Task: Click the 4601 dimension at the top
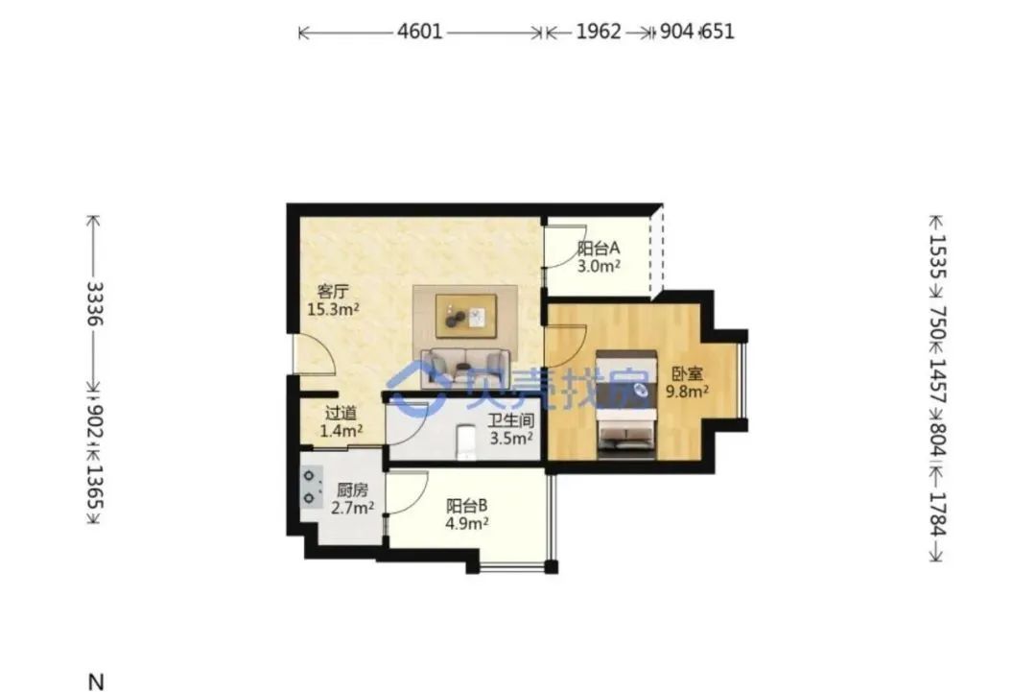coord(419,31)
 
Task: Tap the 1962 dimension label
coord(599,31)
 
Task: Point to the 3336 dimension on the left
coord(96,303)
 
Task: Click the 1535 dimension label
coord(938,257)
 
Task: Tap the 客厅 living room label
coord(333,292)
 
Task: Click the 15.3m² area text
coord(333,309)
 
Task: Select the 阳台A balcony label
coord(599,249)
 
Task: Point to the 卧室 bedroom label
coord(687,374)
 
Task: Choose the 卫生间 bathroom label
coord(510,420)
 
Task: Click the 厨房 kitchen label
coord(352,490)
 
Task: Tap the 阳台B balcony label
coord(467,506)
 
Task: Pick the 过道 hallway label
coord(341,414)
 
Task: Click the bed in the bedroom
coord(626,404)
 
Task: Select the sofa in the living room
coord(465,367)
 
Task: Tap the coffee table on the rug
coord(466,317)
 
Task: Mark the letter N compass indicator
coord(96,682)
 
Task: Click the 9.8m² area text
coord(687,392)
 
